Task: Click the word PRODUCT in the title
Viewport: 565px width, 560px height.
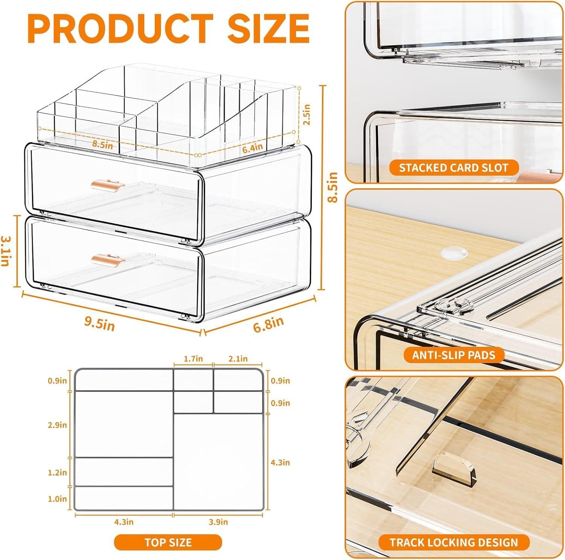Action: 121,28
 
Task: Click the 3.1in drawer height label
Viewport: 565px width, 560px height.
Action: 5,251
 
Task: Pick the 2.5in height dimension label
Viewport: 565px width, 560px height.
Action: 307,114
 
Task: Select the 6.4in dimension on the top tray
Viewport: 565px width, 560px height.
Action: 252,148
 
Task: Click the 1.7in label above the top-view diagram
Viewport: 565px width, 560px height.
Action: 193,359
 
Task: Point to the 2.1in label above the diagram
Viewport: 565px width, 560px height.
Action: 238,359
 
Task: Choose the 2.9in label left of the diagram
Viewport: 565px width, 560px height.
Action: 57,425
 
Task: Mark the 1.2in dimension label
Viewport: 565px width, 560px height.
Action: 57,472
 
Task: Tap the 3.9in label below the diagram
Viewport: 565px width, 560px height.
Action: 218,522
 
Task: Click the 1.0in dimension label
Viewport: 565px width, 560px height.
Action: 57,499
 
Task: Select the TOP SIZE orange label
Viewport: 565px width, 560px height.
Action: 168,542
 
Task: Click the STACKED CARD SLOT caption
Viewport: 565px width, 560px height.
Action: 454,168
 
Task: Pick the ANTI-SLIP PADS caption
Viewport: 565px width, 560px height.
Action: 454,355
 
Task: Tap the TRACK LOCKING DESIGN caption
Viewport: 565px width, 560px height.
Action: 454,542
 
